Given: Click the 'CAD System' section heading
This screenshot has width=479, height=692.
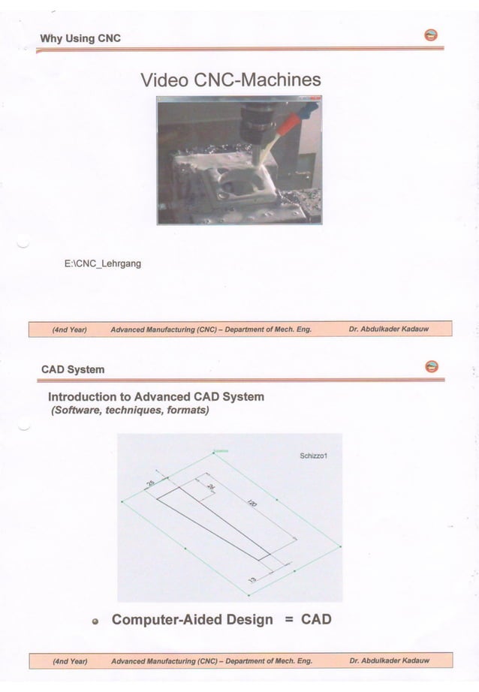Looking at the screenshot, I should (73, 369).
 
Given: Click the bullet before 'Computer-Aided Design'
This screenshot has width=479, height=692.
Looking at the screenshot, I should (95, 621).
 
